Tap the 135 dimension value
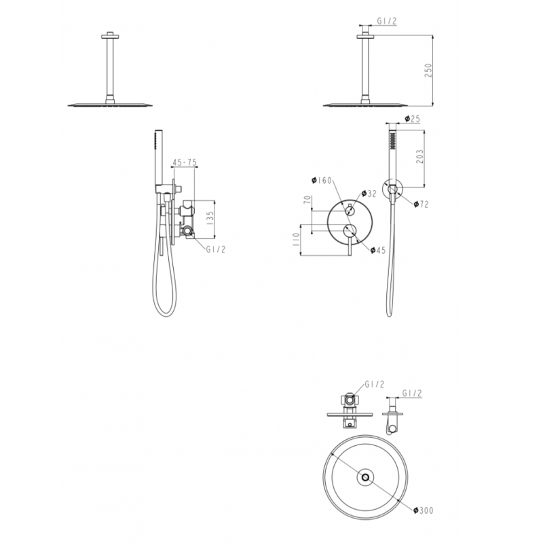[x=210, y=219]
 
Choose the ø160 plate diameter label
[x=320, y=181]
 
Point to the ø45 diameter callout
[x=378, y=250]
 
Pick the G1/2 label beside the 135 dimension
[x=216, y=249]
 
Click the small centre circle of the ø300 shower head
[x=366, y=477]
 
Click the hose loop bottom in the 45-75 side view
[x=165, y=314]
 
